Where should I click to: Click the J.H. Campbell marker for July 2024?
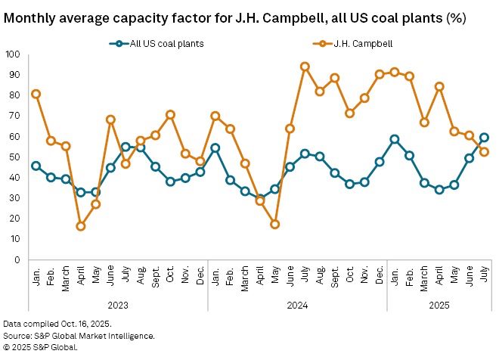[x=305, y=67]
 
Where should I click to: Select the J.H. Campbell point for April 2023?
[x=81, y=226]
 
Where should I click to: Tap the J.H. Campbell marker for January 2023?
[x=36, y=94]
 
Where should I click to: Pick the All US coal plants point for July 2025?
[x=484, y=138]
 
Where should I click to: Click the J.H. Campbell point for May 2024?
[x=275, y=224]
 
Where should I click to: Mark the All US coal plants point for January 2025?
[x=395, y=139]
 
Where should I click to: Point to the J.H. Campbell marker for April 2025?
[x=439, y=86]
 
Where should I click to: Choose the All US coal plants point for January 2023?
[x=36, y=166]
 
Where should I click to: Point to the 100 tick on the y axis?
[x=13, y=54]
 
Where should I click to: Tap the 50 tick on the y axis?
[x=15, y=157]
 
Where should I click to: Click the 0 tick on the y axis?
[x=17, y=260]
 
